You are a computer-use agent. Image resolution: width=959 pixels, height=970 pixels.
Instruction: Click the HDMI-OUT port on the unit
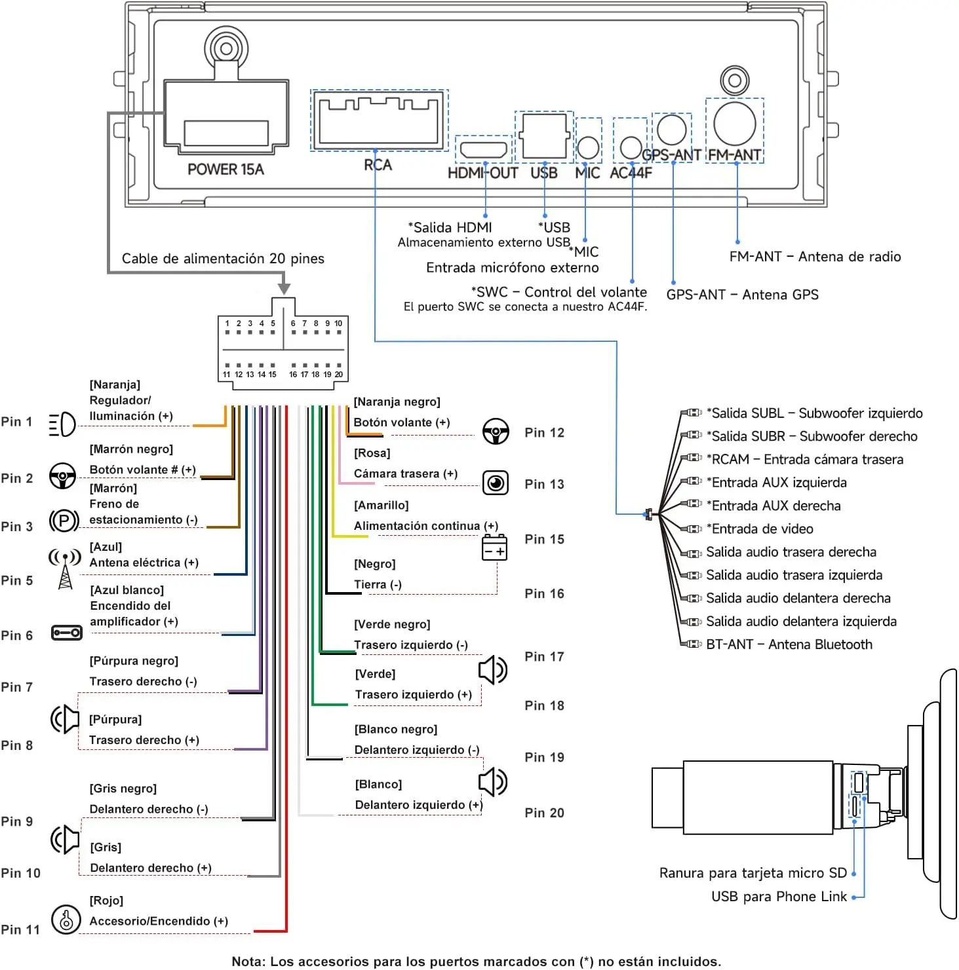[484, 149]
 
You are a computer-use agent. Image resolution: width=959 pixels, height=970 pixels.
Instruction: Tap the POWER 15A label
[225, 170]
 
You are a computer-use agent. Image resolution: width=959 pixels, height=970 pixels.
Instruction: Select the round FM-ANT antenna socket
[735, 124]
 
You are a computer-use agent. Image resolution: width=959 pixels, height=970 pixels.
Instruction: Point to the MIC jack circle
[588, 148]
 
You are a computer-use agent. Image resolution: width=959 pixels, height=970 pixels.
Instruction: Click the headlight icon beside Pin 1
[63, 424]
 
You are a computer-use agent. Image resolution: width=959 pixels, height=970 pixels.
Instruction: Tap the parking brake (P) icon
[64, 521]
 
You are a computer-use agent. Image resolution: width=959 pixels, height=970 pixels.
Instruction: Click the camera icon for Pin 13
[496, 483]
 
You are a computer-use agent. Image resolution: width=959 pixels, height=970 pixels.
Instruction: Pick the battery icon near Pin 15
[495, 548]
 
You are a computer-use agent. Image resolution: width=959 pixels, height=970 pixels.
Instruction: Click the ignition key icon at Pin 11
[66, 919]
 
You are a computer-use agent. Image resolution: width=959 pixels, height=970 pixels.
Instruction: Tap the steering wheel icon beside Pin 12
[496, 432]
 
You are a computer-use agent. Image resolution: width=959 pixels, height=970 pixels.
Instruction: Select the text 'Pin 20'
[544, 813]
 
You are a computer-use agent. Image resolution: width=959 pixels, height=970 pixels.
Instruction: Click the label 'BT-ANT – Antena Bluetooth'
[789, 644]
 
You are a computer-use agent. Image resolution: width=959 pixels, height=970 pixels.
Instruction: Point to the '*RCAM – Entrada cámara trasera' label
[804, 460]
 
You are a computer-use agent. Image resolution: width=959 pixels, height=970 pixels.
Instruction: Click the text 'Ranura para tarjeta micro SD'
[753, 873]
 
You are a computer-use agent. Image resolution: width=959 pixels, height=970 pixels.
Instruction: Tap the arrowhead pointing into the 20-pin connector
[284, 288]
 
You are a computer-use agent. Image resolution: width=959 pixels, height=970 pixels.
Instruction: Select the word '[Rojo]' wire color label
[106, 901]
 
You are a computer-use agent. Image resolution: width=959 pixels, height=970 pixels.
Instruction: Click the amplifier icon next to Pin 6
[66, 633]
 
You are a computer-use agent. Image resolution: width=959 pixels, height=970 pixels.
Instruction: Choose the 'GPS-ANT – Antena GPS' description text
[743, 295]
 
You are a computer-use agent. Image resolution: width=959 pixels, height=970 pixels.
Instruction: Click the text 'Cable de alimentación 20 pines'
[223, 259]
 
